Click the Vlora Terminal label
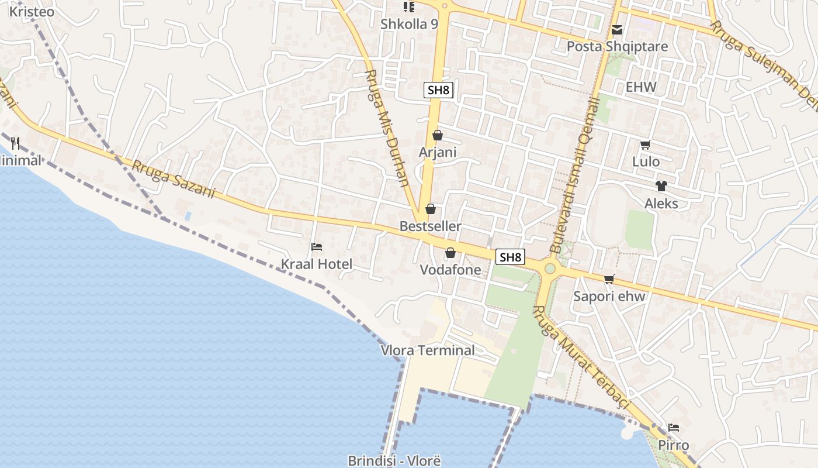coord(428,350)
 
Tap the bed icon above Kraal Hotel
coord(317,247)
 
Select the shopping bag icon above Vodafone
coord(450,253)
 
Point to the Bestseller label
coord(430,226)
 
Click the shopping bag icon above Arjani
coord(438,136)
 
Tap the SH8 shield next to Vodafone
coord(510,257)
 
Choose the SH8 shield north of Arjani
coord(438,90)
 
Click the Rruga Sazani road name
coord(174,180)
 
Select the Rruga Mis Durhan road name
coord(386,128)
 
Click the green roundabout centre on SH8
coord(550,269)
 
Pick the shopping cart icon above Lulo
coord(646,144)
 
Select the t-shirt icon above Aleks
coord(661,186)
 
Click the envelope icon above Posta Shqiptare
coord(617,30)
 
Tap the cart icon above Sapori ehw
coord(609,279)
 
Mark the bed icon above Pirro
coord(674,428)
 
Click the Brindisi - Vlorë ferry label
coord(394,460)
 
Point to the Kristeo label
coord(32,12)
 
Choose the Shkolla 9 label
coord(409,24)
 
